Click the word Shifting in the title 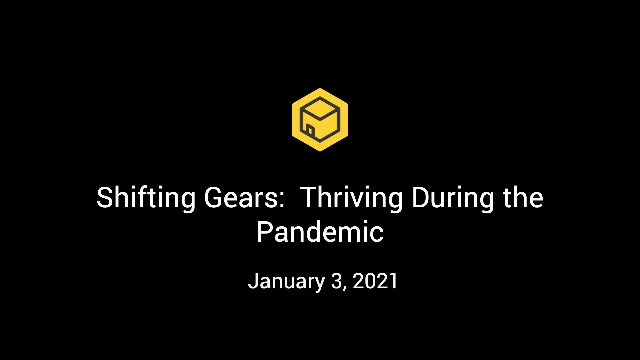(146, 198)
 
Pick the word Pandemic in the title (320, 232)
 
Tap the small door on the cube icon (310, 130)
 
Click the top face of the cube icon (320, 108)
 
